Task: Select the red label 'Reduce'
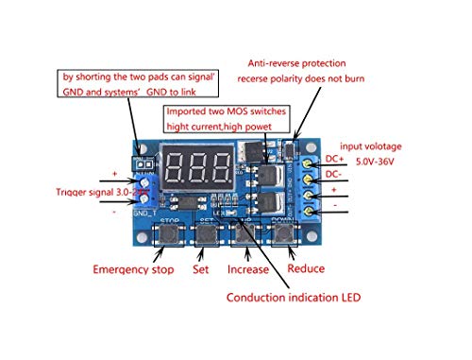coord(306,268)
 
